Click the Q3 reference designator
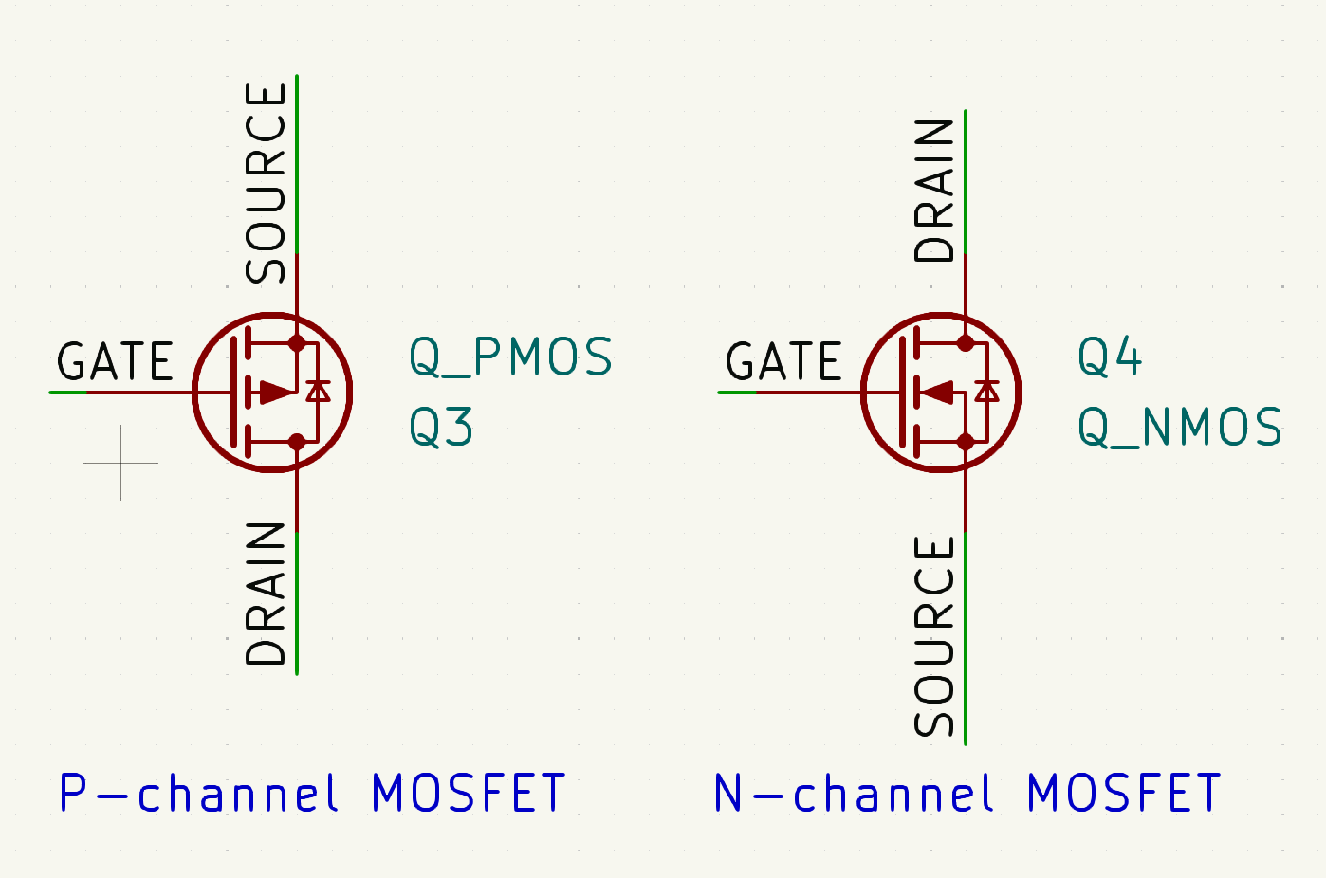click(441, 427)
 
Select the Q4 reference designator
click(1109, 357)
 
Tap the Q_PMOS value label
click(510, 357)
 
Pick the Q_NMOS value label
click(1180, 427)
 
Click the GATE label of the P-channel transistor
click(115, 362)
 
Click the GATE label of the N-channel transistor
click(783, 362)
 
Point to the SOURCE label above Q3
click(266, 183)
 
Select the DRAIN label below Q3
click(266, 594)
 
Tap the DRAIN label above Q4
click(934, 191)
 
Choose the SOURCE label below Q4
click(934, 636)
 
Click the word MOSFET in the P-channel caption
click(469, 793)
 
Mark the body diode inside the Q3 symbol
click(319, 391)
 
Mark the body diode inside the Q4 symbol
click(987, 391)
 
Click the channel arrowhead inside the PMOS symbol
click(277, 392)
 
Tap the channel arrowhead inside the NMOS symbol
click(938, 392)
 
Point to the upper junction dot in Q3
click(297, 342)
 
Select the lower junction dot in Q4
click(966, 441)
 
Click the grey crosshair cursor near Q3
click(121, 463)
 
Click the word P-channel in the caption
click(198, 793)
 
